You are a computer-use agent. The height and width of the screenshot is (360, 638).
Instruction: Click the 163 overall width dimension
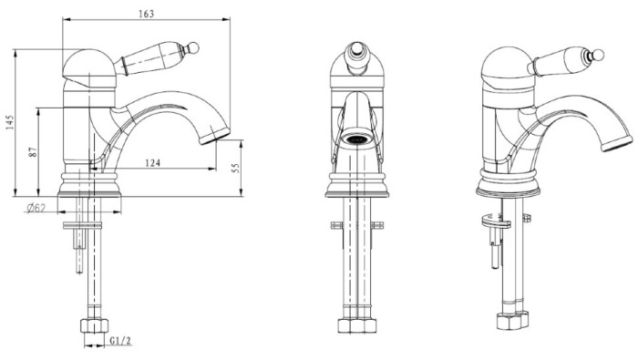(147, 14)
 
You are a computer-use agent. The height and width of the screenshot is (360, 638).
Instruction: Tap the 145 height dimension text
(10, 122)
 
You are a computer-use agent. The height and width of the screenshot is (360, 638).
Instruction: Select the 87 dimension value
(34, 151)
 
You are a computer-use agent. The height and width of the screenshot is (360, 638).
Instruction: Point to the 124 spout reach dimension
(152, 163)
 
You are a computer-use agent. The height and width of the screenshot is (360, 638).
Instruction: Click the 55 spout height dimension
(236, 168)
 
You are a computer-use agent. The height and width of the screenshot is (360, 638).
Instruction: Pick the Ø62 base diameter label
(36, 209)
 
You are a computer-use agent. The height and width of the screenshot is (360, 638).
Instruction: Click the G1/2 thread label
(120, 341)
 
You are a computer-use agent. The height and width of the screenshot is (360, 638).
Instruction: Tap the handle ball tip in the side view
(193, 47)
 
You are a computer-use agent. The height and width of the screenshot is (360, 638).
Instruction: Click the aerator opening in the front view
(357, 139)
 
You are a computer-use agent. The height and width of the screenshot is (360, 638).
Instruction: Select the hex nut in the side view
(95, 326)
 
